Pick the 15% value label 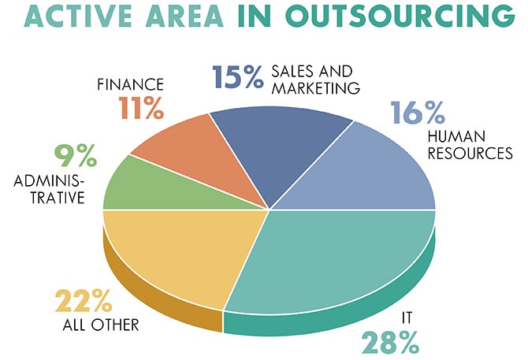coord(236,77)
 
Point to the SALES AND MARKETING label coord(315,77)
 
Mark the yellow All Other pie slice coord(169,252)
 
